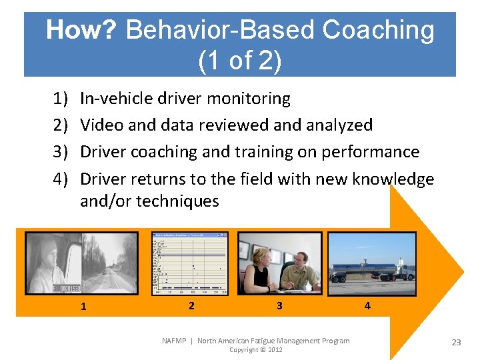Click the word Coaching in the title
pos(378,30)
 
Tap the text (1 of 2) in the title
pos(240,61)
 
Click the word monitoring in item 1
pos(249,99)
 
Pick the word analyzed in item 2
pos(338,125)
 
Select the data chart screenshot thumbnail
pos(189,263)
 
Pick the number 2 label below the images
pos(191,305)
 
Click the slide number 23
pos(456,342)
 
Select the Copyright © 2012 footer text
pos(255,350)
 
